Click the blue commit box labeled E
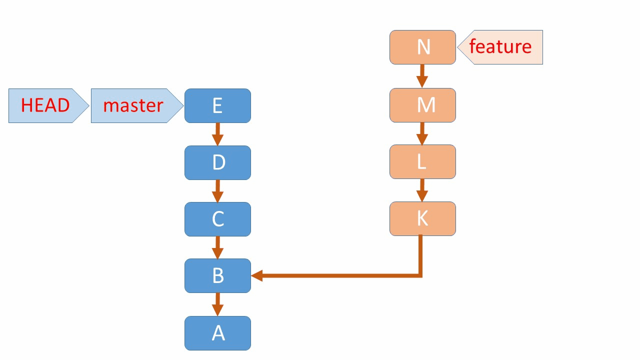click(217, 105)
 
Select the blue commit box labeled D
click(217, 162)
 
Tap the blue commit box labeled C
click(217, 219)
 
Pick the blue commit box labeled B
click(217, 275)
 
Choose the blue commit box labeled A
click(217, 333)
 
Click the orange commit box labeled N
click(422, 47)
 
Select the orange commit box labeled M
click(422, 105)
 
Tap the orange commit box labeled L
click(422, 161)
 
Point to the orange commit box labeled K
click(422, 218)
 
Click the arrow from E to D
click(217, 134)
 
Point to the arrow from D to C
click(217, 191)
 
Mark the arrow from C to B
click(217, 247)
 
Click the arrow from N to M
click(422, 76)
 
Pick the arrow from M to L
click(422, 133)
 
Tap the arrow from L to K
click(422, 190)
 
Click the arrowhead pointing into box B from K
click(257, 275)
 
